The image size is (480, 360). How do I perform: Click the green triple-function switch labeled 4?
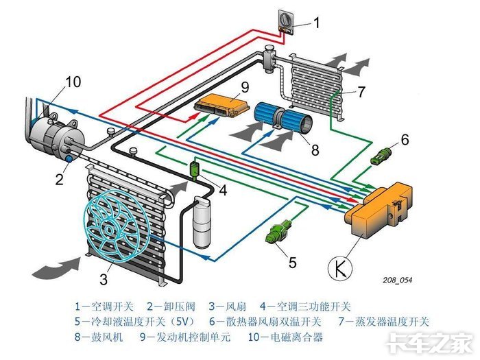point(195,168)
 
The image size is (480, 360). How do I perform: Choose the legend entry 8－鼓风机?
point(100,337)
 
